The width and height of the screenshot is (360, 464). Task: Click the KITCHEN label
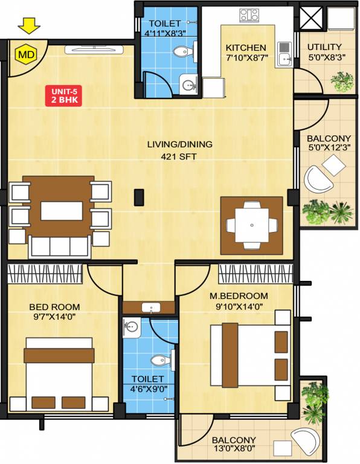point(246,48)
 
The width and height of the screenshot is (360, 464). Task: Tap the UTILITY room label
point(324,47)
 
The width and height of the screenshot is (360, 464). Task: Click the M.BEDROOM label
point(246,296)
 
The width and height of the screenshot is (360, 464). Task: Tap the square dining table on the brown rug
point(252,225)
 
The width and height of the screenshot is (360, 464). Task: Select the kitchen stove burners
point(248,14)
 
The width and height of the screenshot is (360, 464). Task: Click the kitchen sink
point(284,53)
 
